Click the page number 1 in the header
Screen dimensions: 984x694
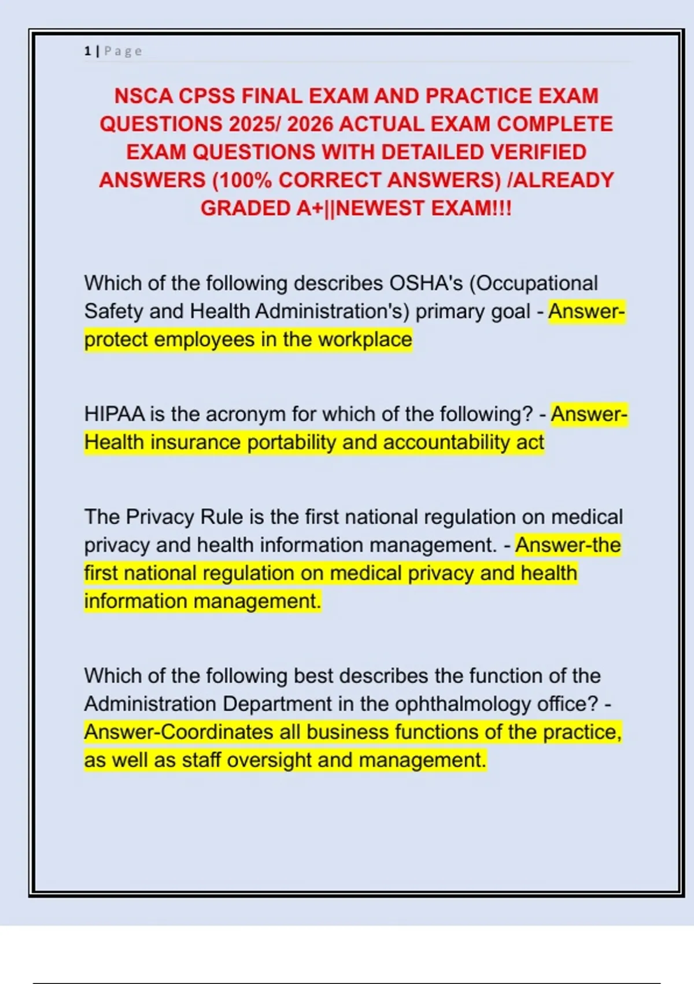pos(87,51)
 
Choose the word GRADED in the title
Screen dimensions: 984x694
pos(245,208)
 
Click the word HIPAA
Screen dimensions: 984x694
pos(115,414)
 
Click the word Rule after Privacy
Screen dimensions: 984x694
pos(221,516)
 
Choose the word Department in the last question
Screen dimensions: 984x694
pos(277,704)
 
